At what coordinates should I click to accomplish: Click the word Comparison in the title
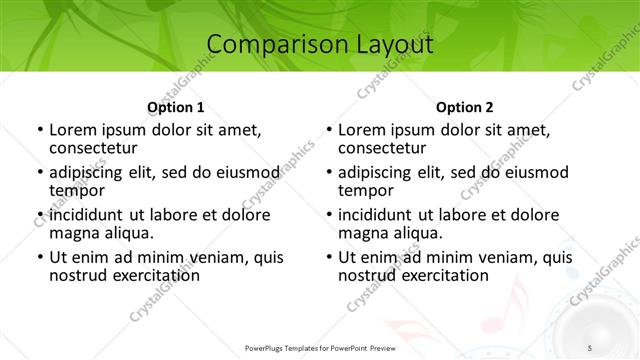point(268,45)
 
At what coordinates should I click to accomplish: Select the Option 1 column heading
point(176,107)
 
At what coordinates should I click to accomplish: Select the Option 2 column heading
point(465,107)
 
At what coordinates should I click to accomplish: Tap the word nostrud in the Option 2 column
point(367,274)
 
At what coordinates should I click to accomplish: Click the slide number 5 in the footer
point(590,347)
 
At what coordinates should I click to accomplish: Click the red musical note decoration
point(512,297)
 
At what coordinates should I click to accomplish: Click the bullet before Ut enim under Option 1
point(39,257)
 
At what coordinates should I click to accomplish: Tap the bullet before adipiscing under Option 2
point(328,172)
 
